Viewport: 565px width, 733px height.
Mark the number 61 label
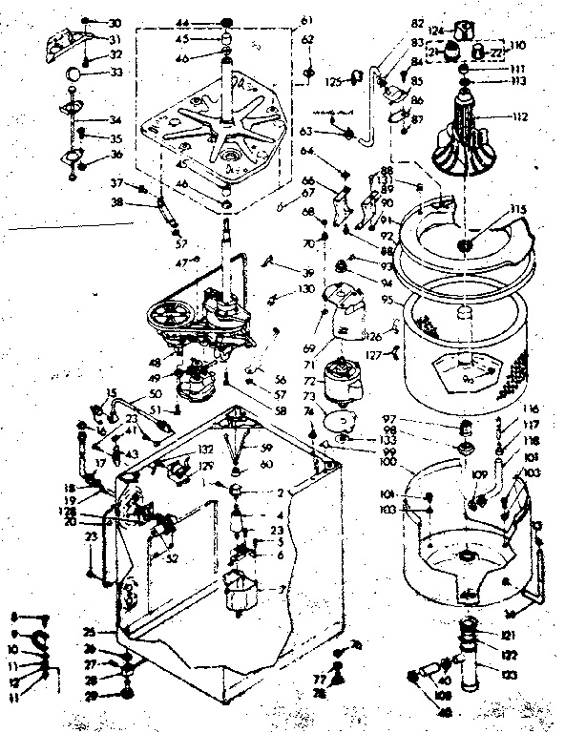point(306,21)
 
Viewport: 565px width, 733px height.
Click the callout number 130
point(305,288)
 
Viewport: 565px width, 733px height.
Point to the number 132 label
point(205,448)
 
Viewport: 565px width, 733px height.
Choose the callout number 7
point(281,589)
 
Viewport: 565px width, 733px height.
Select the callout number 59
point(268,449)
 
